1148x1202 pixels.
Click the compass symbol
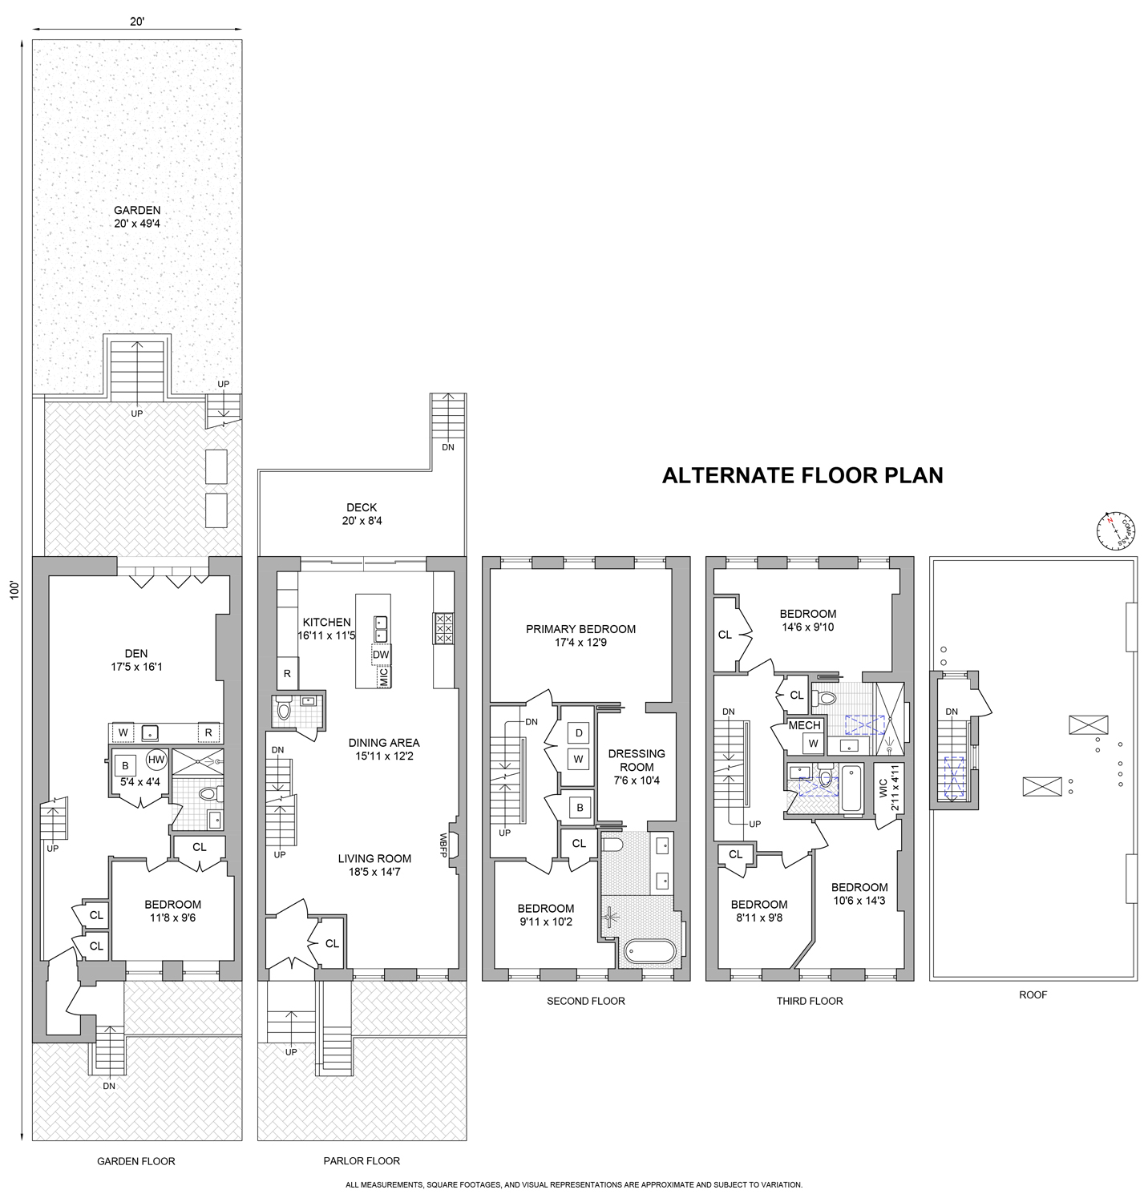click(x=1115, y=530)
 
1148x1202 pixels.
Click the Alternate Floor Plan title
click(x=802, y=475)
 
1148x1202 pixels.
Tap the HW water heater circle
click(x=156, y=760)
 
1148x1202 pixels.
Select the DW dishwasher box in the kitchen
click(x=381, y=654)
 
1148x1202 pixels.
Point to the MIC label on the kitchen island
click(x=383, y=677)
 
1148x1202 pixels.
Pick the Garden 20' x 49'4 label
click(x=137, y=217)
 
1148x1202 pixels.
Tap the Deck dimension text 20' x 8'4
click(x=362, y=521)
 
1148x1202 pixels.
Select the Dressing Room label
click(x=637, y=766)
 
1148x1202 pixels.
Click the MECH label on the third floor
click(x=804, y=725)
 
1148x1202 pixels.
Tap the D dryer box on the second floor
click(x=579, y=732)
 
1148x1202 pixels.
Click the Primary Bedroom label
click(x=580, y=635)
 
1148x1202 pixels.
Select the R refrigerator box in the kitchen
click(x=287, y=674)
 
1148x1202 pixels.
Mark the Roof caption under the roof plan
click(x=1033, y=994)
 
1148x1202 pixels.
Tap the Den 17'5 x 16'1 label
click(x=136, y=659)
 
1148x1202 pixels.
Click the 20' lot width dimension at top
click(x=137, y=22)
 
